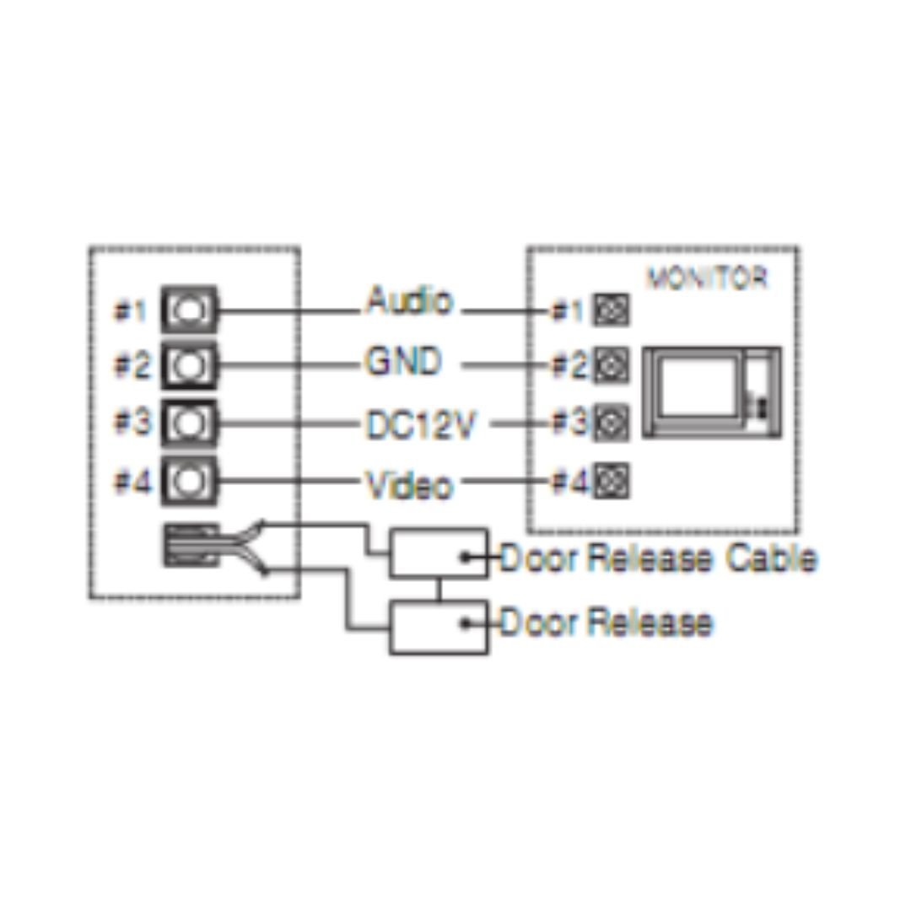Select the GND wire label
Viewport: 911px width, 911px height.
click(x=402, y=363)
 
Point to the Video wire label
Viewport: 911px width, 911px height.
click(x=408, y=486)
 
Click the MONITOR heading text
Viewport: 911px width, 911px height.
click(x=707, y=278)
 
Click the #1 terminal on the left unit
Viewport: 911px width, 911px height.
click(x=189, y=310)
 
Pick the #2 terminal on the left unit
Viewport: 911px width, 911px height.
click(x=189, y=366)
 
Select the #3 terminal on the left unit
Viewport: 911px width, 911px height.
click(x=189, y=423)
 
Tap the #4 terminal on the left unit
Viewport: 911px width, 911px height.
click(x=189, y=481)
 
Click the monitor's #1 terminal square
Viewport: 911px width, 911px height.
click(x=611, y=311)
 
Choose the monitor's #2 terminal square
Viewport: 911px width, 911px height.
click(x=611, y=366)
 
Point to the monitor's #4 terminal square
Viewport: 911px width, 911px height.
click(x=611, y=482)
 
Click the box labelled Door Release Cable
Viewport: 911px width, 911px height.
click(x=438, y=553)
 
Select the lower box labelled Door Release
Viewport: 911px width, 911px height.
click(x=438, y=626)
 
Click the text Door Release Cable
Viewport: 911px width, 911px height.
click(x=658, y=558)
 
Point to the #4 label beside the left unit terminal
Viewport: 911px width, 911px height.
click(x=132, y=482)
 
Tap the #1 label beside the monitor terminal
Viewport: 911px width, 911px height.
click(x=568, y=312)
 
